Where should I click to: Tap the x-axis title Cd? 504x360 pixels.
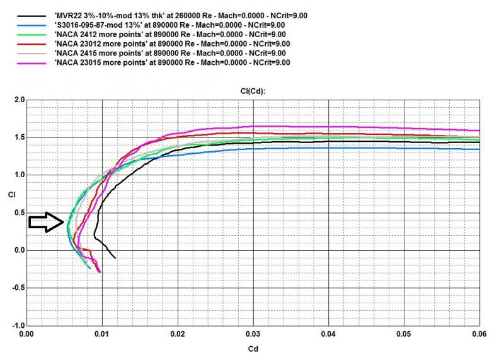pyautogui.click(x=253, y=347)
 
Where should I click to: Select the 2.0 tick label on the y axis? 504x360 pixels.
pyautogui.click(x=19, y=100)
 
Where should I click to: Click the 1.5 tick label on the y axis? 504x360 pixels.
pyautogui.click(x=19, y=137)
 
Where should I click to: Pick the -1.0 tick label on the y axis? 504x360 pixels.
pyautogui.click(x=17, y=326)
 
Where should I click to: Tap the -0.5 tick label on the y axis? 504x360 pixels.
pyautogui.click(x=17, y=288)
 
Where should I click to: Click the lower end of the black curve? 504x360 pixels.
pyautogui.click(x=115, y=258)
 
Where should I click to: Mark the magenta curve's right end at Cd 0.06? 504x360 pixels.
pyautogui.click(x=479, y=131)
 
